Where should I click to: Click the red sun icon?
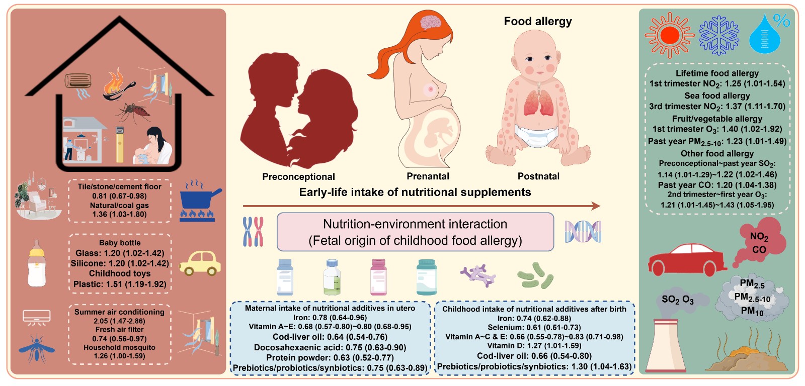pos(670,35)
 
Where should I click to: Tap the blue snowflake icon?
pos(719,35)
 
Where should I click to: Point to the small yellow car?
pos(200,263)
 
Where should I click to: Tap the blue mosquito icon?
pos(37,348)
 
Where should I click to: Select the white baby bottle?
pos(37,263)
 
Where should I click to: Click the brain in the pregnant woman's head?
pos(431,22)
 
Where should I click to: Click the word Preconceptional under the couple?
pos(298,176)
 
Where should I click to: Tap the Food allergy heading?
pos(538,21)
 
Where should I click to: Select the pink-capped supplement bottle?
pos(378,277)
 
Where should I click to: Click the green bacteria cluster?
pos(535,276)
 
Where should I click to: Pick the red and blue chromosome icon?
pos(253,232)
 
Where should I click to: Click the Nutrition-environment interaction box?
pos(415,232)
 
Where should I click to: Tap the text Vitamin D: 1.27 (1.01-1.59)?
pos(534,346)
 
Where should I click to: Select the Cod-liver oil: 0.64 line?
pos(330,337)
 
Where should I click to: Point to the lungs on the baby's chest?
pos(538,103)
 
